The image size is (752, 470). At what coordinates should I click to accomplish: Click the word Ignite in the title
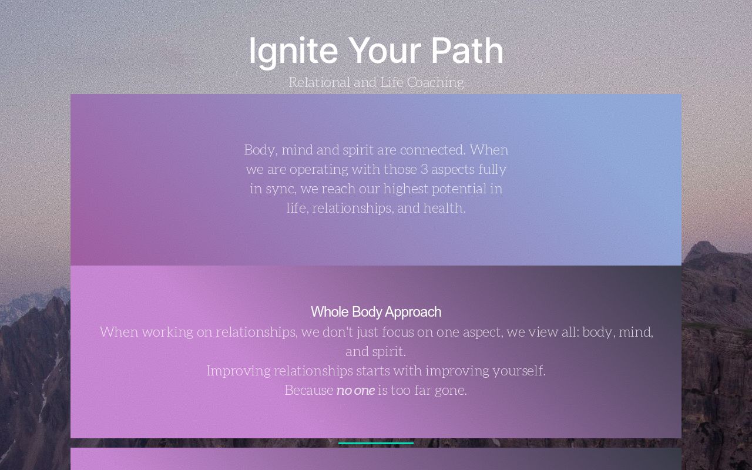point(293,51)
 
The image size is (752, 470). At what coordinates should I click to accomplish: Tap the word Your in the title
point(384,51)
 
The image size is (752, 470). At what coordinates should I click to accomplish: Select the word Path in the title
point(467,51)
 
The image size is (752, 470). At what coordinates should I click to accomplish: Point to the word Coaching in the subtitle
point(435,82)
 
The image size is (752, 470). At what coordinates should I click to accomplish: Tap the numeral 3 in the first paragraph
point(424,169)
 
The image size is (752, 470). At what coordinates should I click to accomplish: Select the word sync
point(280,189)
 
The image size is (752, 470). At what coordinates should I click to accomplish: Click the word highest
point(406,189)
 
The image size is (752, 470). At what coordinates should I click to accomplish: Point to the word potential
point(467,189)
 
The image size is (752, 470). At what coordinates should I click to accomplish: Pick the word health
point(444,208)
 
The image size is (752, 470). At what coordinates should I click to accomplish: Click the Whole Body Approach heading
point(376,312)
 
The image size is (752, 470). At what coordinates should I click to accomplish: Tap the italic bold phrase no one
point(355,390)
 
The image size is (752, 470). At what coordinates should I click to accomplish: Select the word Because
point(309,390)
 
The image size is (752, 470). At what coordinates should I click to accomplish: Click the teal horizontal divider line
point(376,444)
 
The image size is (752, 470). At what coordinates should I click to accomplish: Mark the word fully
point(492,169)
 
